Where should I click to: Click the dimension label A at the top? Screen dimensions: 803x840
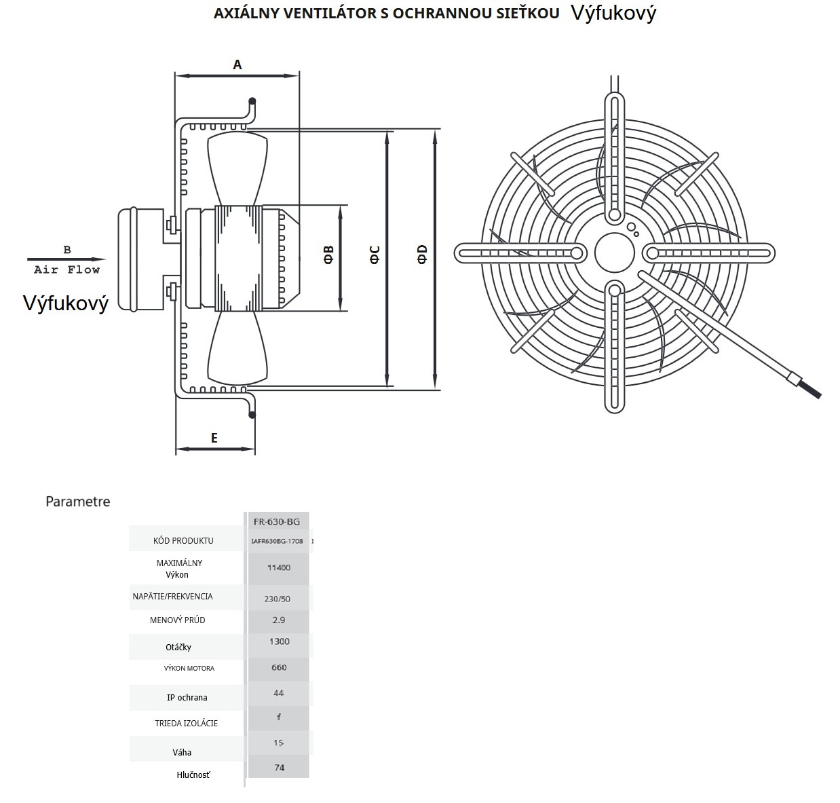pos(237,65)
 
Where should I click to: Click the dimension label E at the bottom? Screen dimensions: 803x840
pos(214,438)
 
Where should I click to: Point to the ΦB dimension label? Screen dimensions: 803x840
pos(328,255)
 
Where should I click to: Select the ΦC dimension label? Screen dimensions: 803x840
pos(375,255)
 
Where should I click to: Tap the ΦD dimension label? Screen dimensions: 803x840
pos(422,254)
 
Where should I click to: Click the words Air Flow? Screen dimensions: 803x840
pos(66,270)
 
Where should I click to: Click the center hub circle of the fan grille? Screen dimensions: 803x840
pos(614,253)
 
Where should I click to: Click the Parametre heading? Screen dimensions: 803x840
pos(77,502)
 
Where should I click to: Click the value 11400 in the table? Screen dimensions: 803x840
pos(279,567)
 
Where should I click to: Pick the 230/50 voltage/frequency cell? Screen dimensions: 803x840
pos(278,599)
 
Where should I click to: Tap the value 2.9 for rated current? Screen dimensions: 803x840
pos(278,620)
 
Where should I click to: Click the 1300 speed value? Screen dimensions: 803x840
pos(279,641)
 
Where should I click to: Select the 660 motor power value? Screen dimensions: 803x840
pos(279,667)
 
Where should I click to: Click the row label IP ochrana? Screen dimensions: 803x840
pos(187,697)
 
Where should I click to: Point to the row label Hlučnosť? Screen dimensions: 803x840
pos(193,774)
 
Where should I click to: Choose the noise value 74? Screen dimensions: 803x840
pos(279,768)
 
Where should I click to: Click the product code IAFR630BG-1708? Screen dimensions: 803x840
pos(277,541)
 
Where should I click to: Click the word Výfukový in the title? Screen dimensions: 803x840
pos(613,14)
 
